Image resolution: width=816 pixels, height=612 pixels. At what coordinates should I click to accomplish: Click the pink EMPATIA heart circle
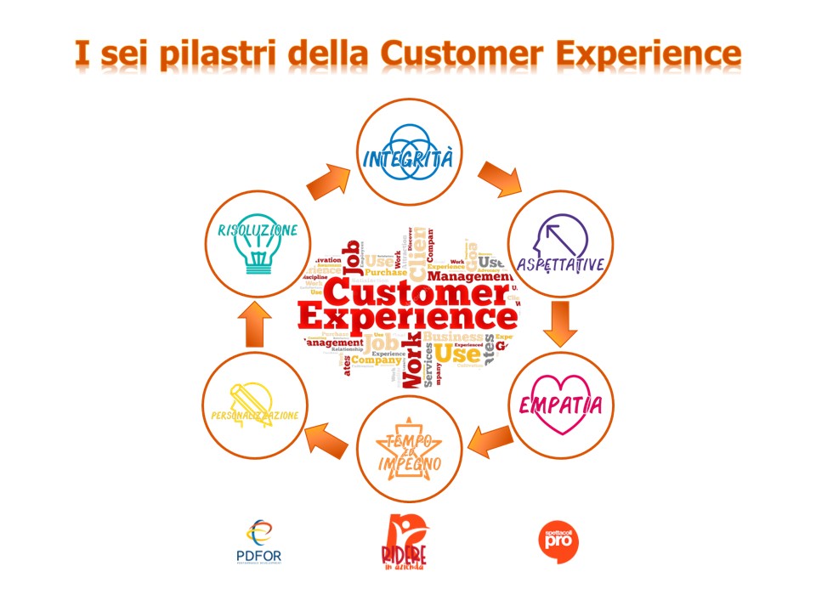click(x=560, y=404)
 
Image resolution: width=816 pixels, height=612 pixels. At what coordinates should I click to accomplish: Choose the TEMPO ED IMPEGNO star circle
click(x=410, y=450)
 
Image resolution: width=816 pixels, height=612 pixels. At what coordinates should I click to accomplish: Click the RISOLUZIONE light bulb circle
click(x=256, y=245)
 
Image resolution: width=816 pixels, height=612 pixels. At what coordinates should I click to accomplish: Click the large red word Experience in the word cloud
click(x=408, y=320)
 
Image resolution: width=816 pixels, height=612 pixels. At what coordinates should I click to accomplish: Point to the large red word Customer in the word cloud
click(x=412, y=293)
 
